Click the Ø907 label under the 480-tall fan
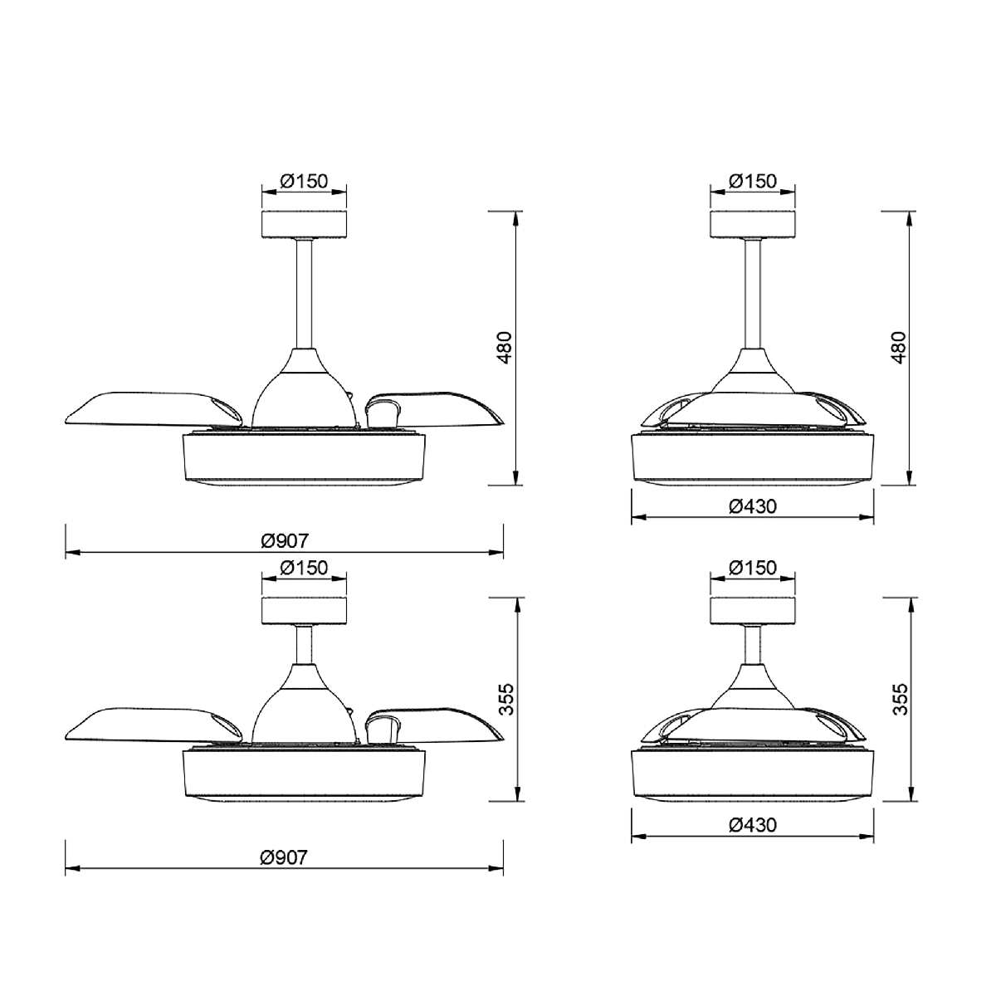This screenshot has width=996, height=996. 285,541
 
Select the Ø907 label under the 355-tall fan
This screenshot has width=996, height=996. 285,857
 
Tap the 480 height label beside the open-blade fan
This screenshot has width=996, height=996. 504,347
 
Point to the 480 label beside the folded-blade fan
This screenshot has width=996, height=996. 899,347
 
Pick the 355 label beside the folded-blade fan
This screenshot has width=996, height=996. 900,699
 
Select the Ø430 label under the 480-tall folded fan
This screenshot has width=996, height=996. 753,506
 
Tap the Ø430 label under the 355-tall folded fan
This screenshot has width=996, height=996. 753,824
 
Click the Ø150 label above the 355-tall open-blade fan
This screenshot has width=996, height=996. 304,568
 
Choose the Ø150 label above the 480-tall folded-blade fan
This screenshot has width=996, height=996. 753,181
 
